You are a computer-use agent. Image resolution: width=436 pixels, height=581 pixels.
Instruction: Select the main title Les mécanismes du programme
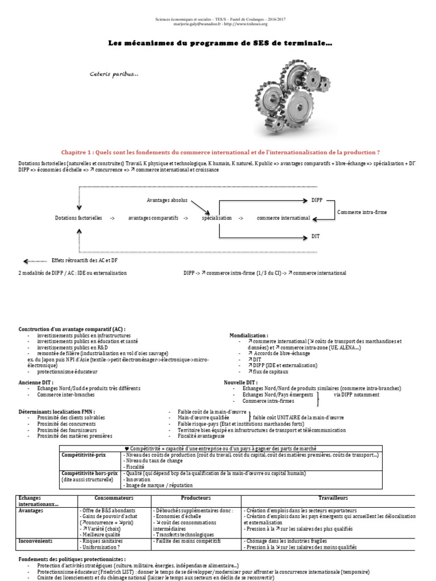(x=221, y=44)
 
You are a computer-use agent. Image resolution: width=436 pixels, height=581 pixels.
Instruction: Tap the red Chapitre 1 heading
(x=220, y=152)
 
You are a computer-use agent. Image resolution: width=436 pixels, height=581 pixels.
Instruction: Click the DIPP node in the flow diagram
(x=317, y=200)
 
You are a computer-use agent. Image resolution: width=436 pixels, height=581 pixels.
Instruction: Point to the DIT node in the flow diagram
(x=316, y=236)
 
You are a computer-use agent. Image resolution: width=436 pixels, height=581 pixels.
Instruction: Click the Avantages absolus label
(x=167, y=200)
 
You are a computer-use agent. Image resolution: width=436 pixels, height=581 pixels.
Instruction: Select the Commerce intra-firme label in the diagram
(x=362, y=212)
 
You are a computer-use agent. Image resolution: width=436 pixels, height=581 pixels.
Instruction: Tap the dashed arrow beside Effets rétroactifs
(x=35, y=260)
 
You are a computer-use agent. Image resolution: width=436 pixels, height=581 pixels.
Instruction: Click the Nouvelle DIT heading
(x=241, y=382)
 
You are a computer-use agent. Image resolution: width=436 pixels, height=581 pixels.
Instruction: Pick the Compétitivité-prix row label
(x=84, y=455)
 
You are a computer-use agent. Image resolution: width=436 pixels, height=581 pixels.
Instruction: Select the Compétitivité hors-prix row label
(x=89, y=473)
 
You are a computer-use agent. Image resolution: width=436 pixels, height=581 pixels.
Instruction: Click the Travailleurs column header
(x=333, y=498)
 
